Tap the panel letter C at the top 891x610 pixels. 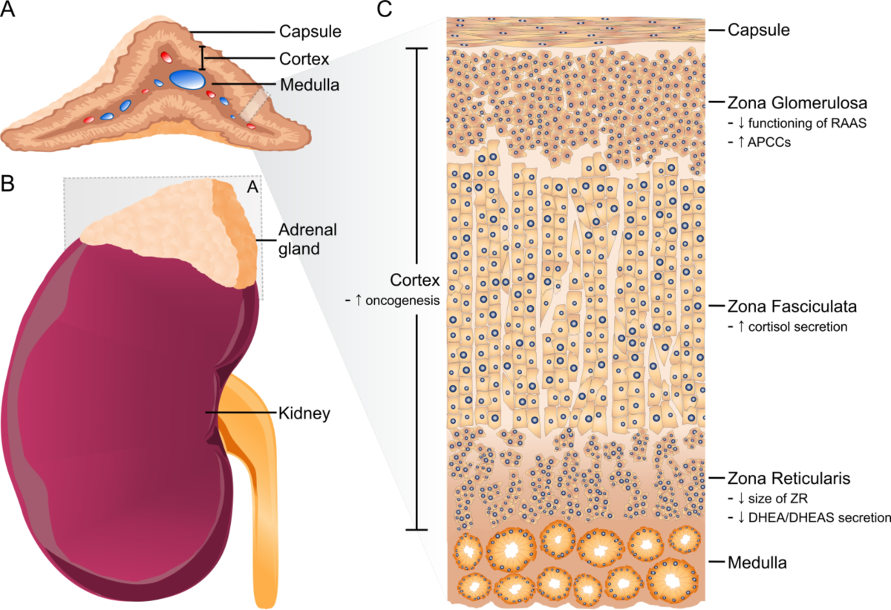(385, 10)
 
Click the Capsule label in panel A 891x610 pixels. (310, 32)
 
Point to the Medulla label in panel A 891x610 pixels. (310, 85)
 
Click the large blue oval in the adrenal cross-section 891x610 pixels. (188, 79)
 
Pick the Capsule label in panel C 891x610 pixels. (758, 30)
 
